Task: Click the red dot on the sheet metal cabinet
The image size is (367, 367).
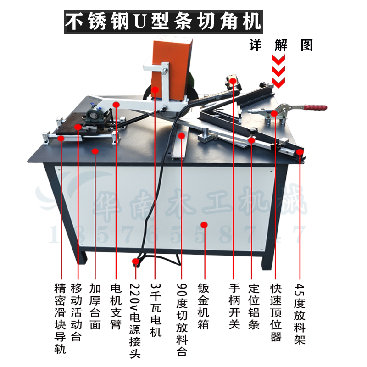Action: coord(205,224)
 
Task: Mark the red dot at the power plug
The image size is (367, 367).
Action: coord(135,262)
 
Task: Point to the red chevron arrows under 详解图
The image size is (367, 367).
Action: coord(278,71)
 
